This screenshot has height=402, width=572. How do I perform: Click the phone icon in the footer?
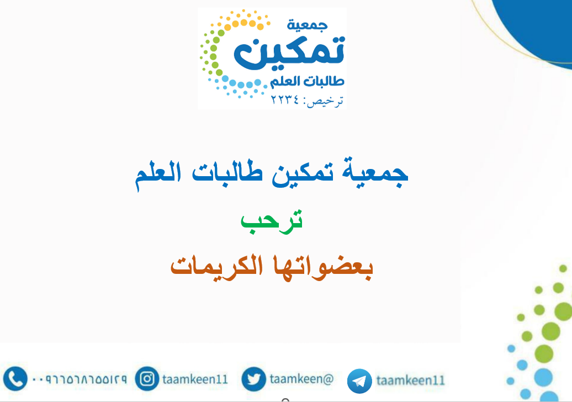tap(15, 379)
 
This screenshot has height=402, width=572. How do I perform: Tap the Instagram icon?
tap(147, 379)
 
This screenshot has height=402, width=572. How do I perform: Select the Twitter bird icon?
tap(253, 379)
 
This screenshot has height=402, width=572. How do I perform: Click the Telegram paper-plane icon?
tap(359, 381)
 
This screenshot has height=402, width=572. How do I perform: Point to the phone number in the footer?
tap(80, 379)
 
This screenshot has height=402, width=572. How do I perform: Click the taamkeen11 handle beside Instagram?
tap(195, 379)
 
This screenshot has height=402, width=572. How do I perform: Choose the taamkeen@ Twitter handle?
tap(301, 379)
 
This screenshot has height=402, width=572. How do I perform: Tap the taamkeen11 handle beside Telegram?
tap(410, 380)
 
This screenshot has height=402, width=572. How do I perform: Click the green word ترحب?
tap(272, 221)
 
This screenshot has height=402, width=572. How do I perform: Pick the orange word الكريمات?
tap(216, 265)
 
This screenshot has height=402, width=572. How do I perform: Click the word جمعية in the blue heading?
tap(375, 172)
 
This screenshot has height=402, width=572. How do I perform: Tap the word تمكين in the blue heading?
tap(303, 173)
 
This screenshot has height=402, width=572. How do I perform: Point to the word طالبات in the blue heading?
tap(227, 172)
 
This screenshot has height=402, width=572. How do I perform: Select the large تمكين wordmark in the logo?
tap(289, 53)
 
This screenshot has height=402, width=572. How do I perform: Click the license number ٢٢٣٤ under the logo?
tap(284, 99)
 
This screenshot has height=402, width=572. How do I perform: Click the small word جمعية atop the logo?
tap(307, 25)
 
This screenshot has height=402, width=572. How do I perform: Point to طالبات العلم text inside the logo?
tap(307, 81)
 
